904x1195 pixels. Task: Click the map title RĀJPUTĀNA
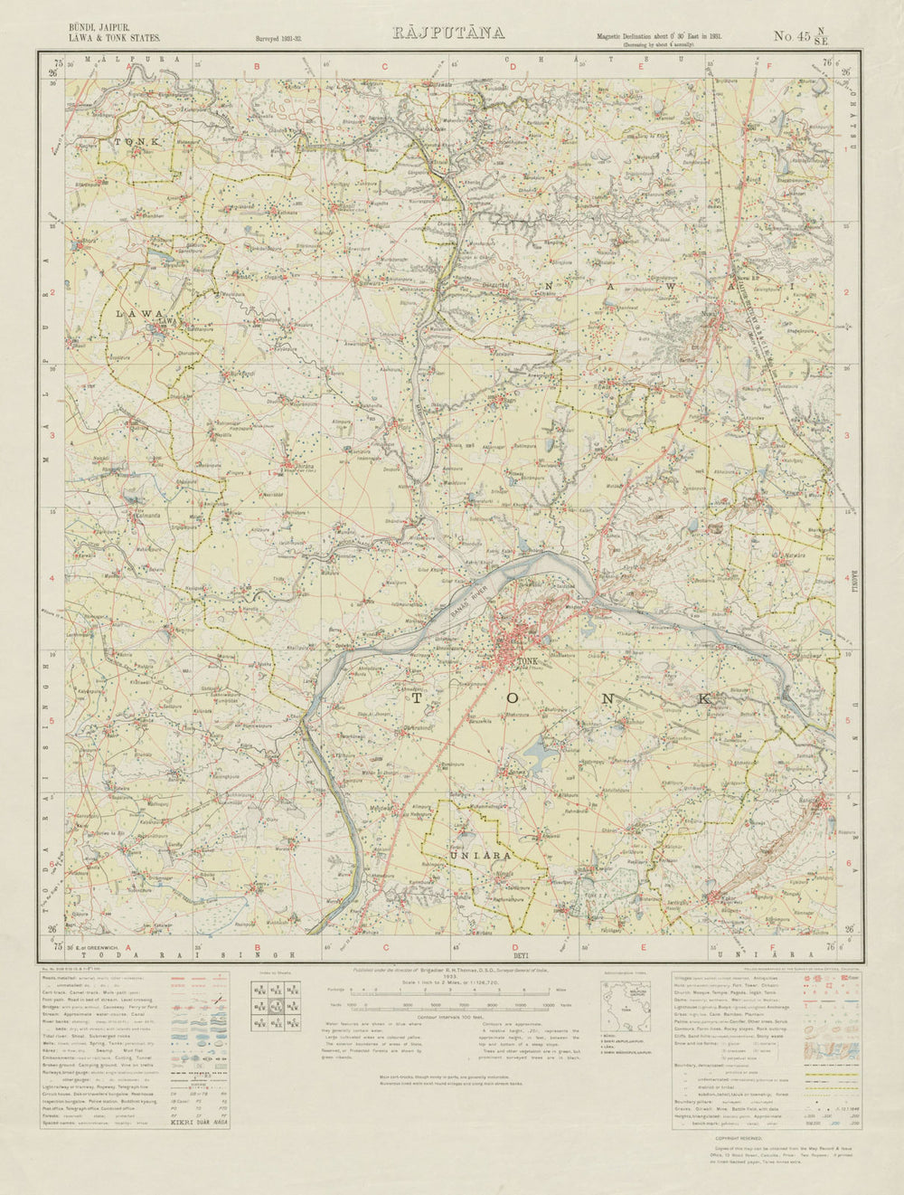[x=447, y=33]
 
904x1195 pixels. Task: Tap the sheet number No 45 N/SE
[x=801, y=37]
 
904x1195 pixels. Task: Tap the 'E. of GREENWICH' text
[x=91, y=947]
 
